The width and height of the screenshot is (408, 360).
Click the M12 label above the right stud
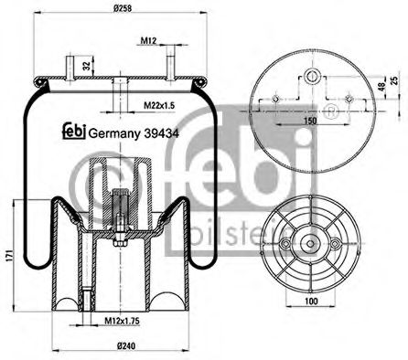(x=150, y=40)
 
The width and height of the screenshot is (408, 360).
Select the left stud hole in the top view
(x=275, y=100)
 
